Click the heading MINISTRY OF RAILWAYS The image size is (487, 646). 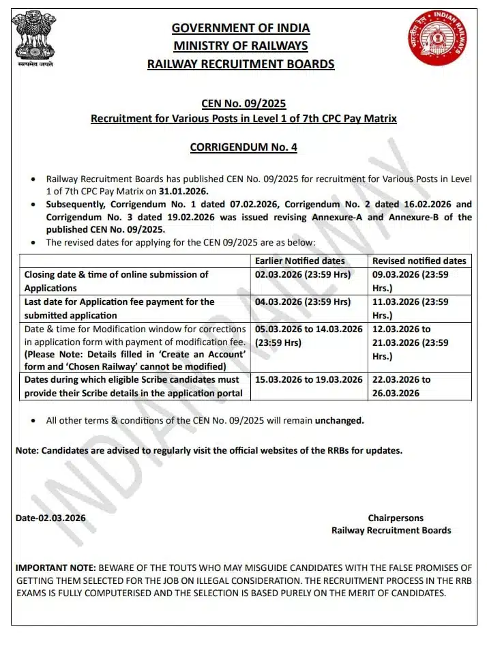(x=241, y=46)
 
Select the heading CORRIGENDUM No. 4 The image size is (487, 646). (x=243, y=147)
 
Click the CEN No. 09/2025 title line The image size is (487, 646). (x=243, y=104)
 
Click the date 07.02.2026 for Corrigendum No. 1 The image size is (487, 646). (x=252, y=204)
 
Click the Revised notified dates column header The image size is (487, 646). (x=419, y=261)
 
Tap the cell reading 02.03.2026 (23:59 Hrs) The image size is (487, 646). (x=303, y=274)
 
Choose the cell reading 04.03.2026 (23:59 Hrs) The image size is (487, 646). (x=303, y=302)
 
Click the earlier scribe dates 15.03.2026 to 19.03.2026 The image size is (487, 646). (x=309, y=379)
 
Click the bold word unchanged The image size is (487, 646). (x=339, y=420)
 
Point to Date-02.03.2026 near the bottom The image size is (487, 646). (x=51, y=518)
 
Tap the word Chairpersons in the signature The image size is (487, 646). (x=396, y=518)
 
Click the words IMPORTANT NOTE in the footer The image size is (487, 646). (x=55, y=568)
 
